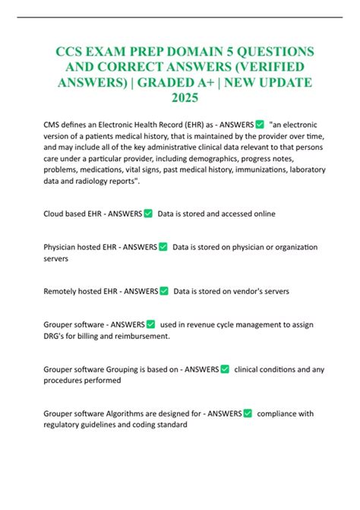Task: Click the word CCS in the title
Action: tap(71, 51)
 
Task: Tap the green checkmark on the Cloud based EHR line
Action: tap(147, 214)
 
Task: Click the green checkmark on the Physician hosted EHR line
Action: tap(163, 246)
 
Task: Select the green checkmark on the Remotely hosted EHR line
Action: tap(163, 291)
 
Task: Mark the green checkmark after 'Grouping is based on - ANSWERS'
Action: tap(225, 369)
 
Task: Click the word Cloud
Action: tap(56, 214)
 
